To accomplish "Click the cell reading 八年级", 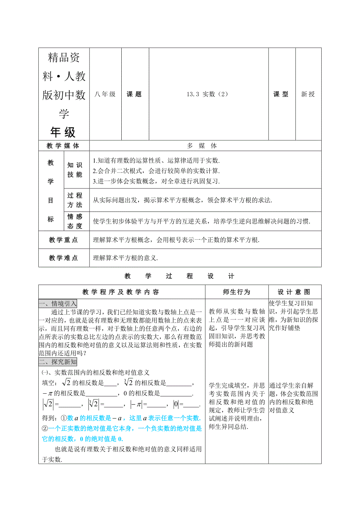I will point(105,94).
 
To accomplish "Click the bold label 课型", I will point(281,94).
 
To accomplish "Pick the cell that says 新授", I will point(308,94).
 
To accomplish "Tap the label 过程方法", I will point(75,200).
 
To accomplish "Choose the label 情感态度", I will point(75,221).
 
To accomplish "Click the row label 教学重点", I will point(63,240).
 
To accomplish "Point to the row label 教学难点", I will point(63,258).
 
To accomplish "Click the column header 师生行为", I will point(236,292).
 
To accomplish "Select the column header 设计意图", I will point(294,292).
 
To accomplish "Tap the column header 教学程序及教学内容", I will point(121,292).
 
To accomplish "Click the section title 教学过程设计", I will point(180,276).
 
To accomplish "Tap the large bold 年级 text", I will point(63,133).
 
